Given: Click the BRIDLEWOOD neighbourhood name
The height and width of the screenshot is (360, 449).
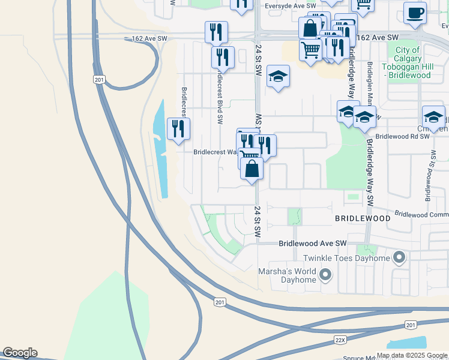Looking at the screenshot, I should (362, 218).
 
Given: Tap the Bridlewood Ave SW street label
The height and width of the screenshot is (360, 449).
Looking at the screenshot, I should (313, 243).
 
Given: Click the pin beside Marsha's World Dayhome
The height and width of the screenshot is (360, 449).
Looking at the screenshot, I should (326, 275).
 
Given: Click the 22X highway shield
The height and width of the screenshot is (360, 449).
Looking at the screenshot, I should (340, 340).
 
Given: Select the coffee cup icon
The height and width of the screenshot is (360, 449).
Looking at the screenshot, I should (414, 13).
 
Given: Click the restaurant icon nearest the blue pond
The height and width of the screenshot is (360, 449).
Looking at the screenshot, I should (178, 129).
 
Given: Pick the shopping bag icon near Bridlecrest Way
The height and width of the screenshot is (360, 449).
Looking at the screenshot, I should (252, 169).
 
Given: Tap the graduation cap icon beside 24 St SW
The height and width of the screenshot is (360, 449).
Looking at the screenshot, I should (278, 76).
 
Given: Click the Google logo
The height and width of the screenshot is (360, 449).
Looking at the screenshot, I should (20, 353).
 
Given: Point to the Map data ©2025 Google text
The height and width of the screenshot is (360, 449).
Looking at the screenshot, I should (412, 355).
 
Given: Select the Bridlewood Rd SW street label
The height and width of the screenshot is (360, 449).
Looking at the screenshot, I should (403, 136).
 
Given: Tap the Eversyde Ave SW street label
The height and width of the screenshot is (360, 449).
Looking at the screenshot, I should (290, 6).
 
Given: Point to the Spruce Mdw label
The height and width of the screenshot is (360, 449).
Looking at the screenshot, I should (360, 357).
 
